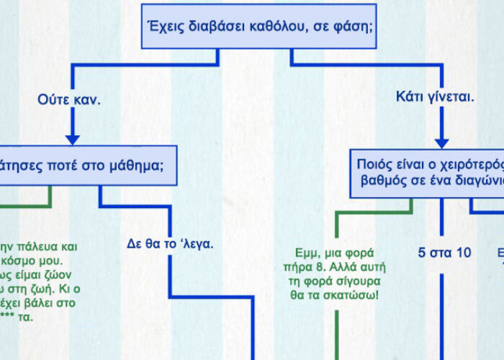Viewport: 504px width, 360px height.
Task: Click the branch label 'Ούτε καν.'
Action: [69, 99]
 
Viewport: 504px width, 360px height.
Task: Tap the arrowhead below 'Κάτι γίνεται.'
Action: [442, 142]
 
